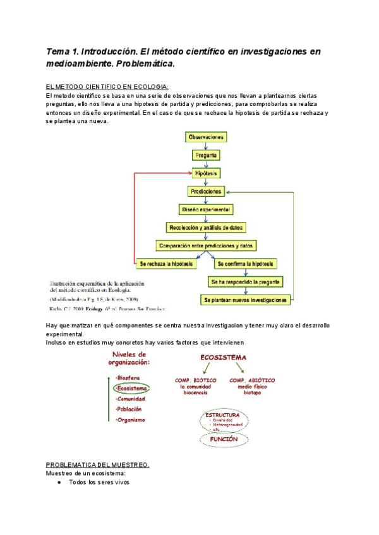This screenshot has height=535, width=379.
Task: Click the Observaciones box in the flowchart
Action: (207, 136)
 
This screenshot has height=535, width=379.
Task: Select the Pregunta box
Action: (207, 155)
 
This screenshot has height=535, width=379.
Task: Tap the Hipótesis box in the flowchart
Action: (207, 172)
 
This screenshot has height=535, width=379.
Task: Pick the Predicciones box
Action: (207, 191)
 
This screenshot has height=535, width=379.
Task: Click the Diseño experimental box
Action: (207, 209)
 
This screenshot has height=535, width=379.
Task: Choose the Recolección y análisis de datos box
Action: (207, 227)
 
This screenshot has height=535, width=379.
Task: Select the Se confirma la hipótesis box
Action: (247, 264)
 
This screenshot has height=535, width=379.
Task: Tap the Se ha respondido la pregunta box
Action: (247, 281)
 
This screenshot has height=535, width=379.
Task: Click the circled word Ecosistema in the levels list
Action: (132, 389)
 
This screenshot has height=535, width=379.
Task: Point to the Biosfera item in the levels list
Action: (128, 377)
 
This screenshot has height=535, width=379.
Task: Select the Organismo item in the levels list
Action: (131, 420)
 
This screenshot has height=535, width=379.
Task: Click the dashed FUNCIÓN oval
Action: (224, 438)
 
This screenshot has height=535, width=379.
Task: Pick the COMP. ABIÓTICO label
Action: (252, 380)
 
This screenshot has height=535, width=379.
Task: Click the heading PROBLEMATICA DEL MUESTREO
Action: (98, 465)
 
